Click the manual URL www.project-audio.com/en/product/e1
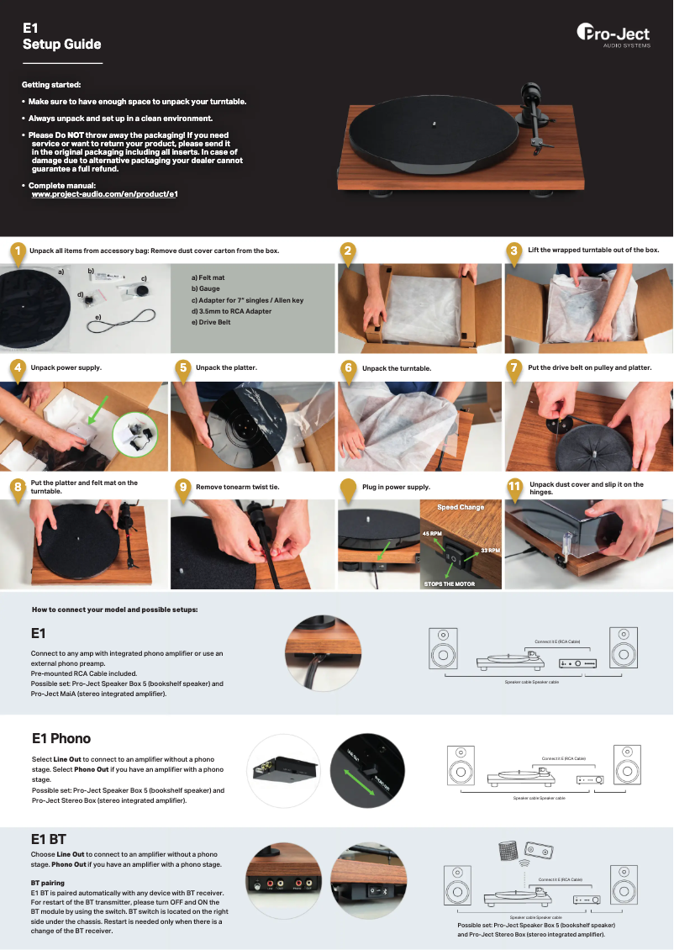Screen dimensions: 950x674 click(x=104, y=194)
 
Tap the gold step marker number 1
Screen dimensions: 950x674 click(x=15, y=251)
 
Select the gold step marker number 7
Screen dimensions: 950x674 click(x=514, y=368)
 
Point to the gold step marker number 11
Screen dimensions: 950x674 click(x=514, y=487)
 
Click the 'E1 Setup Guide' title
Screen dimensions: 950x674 click(x=61, y=36)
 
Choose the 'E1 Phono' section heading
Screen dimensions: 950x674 click(x=61, y=738)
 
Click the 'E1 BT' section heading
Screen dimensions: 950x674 click(x=48, y=839)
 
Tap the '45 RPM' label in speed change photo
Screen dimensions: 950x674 click(x=432, y=534)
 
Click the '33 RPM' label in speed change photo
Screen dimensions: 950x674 click(x=490, y=551)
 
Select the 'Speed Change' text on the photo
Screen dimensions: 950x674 click(x=461, y=508)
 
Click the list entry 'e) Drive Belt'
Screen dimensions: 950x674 click(x=211, y=322)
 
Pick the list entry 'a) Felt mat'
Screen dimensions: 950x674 click(x=208, y=277)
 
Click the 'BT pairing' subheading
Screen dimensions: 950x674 click(x=48, y=883)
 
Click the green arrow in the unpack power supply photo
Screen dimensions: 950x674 click(x=98, y=411)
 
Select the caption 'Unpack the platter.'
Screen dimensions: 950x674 click(x=226, y=368)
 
